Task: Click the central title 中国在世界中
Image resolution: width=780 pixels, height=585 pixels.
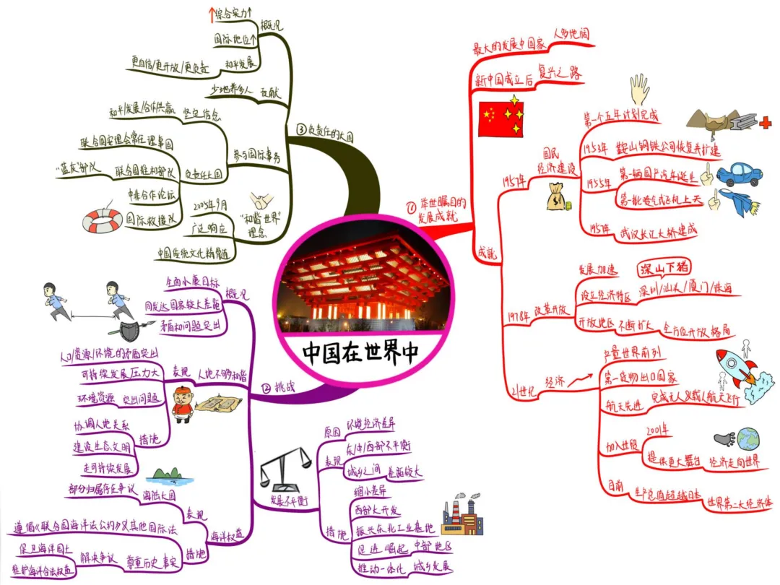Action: coord(360,353)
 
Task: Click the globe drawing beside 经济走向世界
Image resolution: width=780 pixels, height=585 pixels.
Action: coord(747,438)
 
